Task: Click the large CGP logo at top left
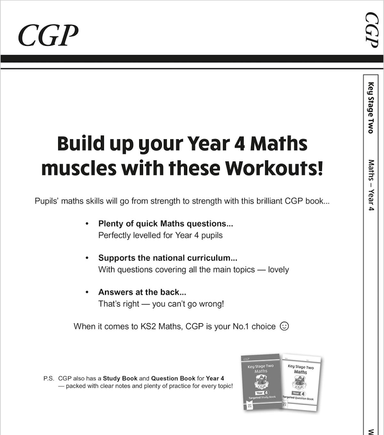point(48,35)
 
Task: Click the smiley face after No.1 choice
point(284,326)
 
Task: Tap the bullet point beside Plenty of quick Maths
point(87,224)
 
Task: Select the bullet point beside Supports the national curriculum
point(87,258)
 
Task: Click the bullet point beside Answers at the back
point(87,292)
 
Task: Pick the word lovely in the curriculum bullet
point(278,270)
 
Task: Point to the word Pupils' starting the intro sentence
point(47,201)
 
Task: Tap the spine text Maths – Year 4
point(371,185)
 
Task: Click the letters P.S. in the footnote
point(49,378)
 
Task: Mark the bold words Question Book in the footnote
point(173,378)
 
